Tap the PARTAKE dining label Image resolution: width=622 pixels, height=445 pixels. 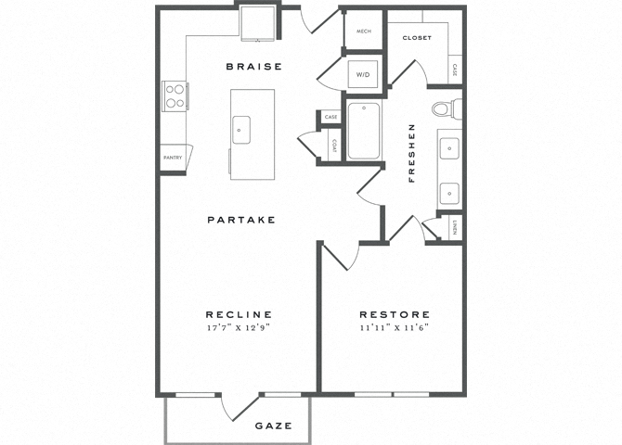[x=241, y=220]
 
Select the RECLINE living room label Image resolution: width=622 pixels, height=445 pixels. [x=239, y=314]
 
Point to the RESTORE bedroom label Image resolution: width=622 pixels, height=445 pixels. [x=395, y=314]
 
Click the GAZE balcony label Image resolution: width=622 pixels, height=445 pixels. [x=274, y=426]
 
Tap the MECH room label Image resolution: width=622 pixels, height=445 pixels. [x=363, y=32]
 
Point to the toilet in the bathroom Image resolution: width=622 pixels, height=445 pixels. [x=443, y=108]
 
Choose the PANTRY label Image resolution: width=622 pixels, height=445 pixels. [x=173, y=158]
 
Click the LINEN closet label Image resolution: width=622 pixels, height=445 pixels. [x=453, y=228]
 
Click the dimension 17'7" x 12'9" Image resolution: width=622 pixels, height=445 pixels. [x=239, y=328]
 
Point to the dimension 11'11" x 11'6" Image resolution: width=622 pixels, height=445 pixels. [x=395, y=328]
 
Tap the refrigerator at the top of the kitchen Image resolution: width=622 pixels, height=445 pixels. [x=259, y=21]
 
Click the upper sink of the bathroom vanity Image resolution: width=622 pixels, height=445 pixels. [x=449, y=147]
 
